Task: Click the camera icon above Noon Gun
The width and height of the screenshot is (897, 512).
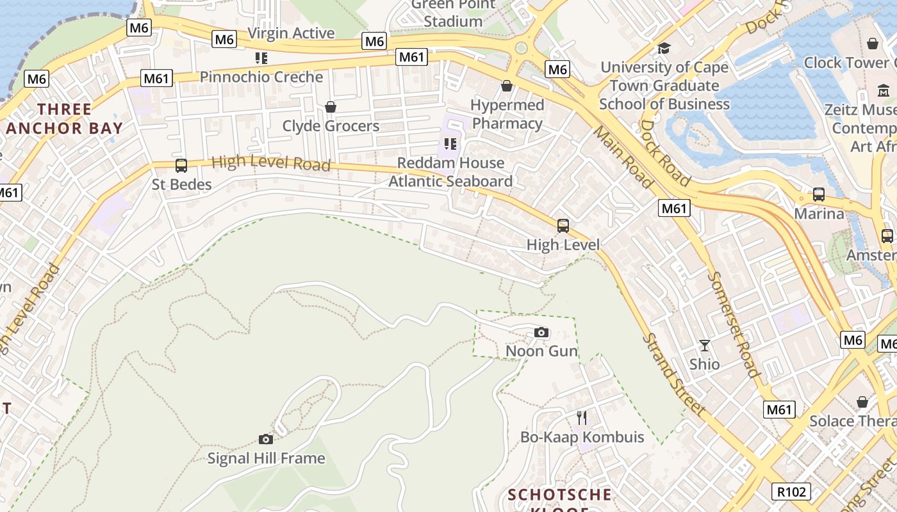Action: click(541, 333)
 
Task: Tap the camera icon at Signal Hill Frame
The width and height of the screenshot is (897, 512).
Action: click(266, 439)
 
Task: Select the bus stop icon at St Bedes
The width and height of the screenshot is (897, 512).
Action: click(181, 166)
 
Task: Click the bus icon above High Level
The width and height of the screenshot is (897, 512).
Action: click(563, 225)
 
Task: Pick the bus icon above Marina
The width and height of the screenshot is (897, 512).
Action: click(818, 195)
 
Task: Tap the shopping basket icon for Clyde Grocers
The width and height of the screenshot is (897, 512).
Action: click(331, 106)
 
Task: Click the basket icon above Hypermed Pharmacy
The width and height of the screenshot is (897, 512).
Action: click(507, 86)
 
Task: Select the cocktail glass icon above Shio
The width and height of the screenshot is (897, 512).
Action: click(705, 346)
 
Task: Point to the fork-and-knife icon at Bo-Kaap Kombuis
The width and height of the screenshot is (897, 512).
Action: click(582, 418)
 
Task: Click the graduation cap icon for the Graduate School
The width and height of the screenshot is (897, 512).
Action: click(664, 48)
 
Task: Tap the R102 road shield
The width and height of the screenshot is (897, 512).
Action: click(791, 492)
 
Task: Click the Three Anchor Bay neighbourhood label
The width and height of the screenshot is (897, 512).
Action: click(63, 118)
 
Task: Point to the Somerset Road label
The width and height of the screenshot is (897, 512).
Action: click(734, 324)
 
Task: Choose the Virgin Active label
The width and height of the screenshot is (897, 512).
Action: click(291, 33)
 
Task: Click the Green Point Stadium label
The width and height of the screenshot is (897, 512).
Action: click(453, 13)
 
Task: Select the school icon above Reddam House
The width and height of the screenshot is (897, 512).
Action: click(450, 144)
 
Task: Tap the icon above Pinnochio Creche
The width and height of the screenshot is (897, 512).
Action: click(261, 58)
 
